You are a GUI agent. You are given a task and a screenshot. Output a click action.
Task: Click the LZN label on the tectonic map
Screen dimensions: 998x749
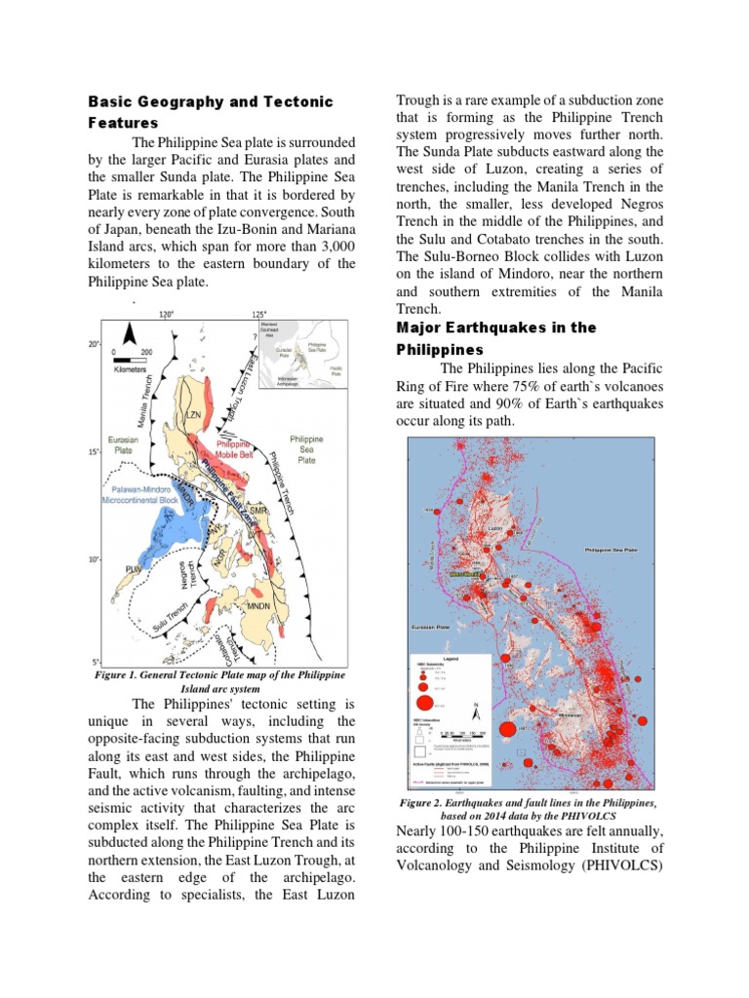pos(192,415)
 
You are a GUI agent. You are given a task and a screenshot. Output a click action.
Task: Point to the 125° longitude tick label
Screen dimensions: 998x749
pos(257,314)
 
